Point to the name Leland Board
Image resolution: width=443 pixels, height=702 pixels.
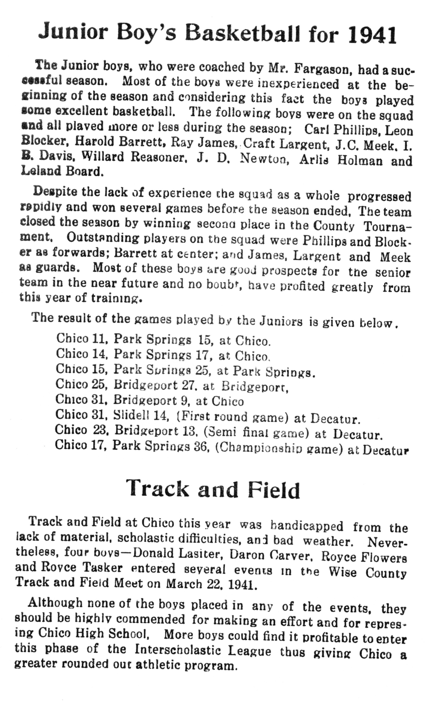coord(62,171)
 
